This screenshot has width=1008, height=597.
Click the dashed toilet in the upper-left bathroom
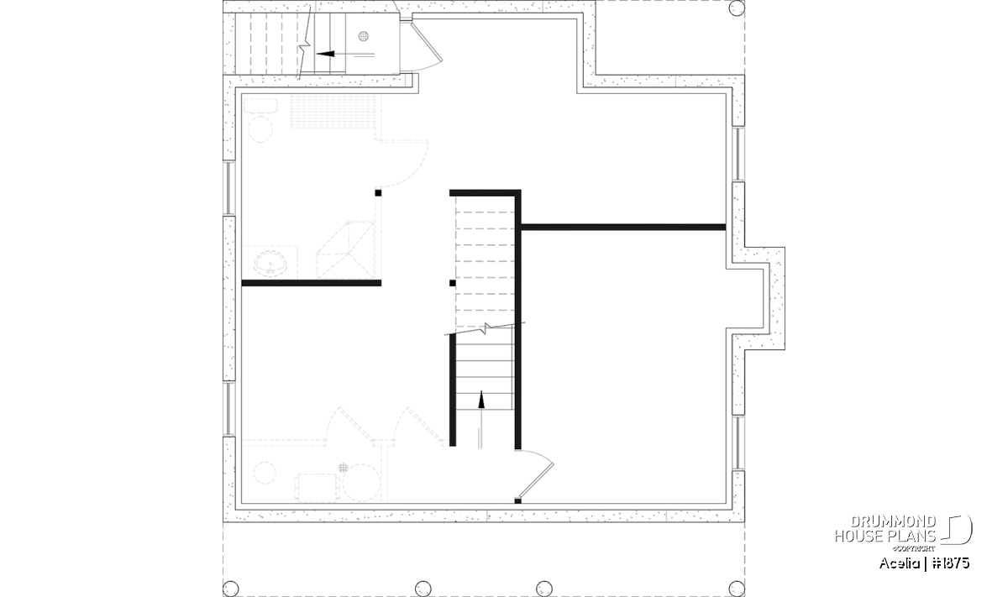[260, 121]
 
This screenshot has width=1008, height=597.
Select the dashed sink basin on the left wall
[270, 263]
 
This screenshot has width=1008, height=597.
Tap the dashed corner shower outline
[345, 249]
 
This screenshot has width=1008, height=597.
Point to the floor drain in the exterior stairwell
[364, 36]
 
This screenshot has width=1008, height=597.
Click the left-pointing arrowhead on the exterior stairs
[325, 54]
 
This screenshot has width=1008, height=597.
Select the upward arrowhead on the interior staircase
[481, 400]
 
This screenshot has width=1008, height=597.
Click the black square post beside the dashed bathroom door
[378, 193]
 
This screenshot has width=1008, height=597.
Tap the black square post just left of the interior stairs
[452, 283]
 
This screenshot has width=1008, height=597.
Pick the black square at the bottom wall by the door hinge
[518, 500]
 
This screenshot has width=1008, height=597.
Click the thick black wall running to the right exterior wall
[623, 228]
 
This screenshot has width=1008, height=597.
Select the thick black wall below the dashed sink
[312, 283]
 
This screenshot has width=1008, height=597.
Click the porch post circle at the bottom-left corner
[231, 589]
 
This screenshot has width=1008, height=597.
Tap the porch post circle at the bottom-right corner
[737, 589]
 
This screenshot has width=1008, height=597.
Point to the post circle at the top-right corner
[737, 8]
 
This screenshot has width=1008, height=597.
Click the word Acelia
[900, 563]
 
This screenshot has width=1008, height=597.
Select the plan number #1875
[950, 563]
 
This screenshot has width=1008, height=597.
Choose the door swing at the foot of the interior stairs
[537, 474]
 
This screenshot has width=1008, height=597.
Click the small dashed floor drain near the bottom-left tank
[344, 468]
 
